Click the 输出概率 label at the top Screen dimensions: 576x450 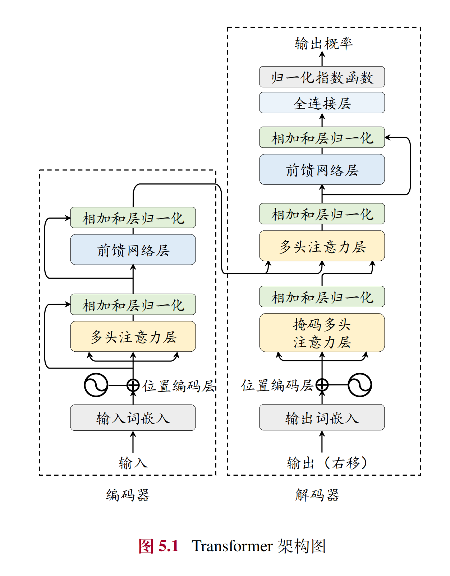323,44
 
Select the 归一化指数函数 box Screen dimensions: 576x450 322,77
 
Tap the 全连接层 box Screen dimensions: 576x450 322,103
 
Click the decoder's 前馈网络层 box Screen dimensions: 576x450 322,169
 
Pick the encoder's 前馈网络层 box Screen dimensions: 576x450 133,250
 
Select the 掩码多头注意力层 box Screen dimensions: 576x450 322,333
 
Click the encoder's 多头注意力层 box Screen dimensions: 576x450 133,336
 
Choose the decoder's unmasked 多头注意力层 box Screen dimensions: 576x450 322,246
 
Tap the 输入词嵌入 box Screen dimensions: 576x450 133,418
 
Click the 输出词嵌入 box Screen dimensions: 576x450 322,417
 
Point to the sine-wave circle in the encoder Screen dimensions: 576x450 96,385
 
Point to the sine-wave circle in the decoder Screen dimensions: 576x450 359,385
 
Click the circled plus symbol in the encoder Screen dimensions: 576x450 133,385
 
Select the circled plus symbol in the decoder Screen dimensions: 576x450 322,385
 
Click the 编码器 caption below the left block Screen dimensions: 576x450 128,495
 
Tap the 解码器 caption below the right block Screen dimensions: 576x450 317,495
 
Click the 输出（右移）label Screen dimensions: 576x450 327,463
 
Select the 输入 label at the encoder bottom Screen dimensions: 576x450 133,463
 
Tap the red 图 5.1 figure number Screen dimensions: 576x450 159,546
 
